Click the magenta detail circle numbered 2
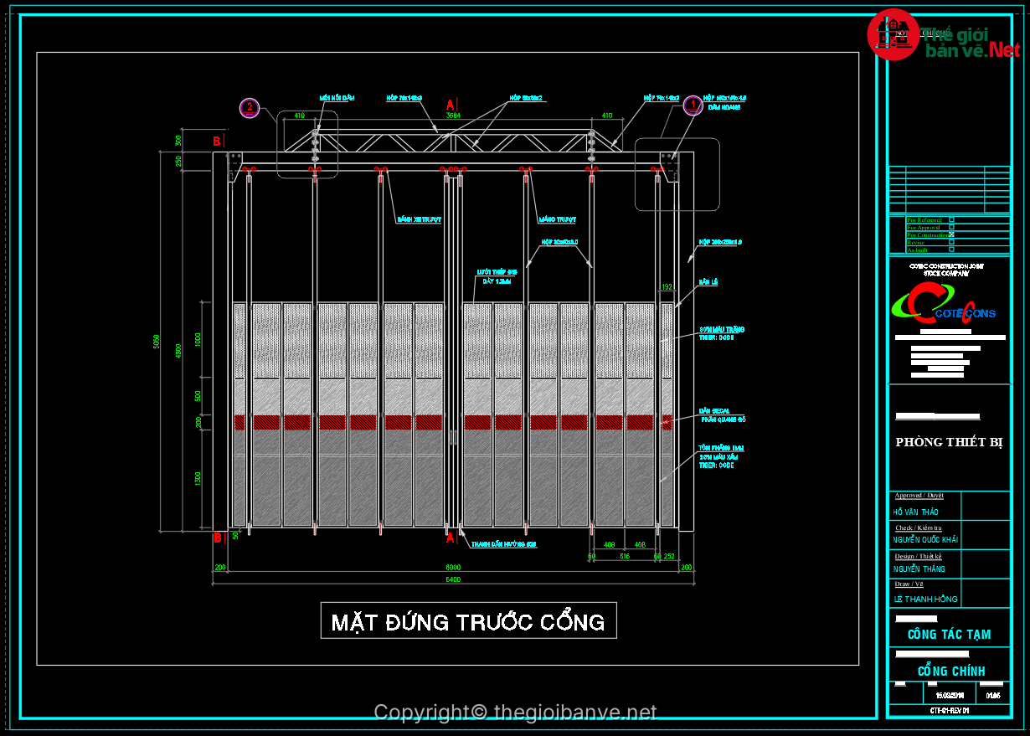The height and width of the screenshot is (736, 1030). click(x=250, y=106)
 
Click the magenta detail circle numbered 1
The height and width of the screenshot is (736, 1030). click(x=693, y=106)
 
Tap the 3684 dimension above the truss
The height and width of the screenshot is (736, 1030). click(x=453, y=116)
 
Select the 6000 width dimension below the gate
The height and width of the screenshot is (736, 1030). click(x=453, y=567)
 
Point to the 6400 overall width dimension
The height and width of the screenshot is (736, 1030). click(x=453, y=579)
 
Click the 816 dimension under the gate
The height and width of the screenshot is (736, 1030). click(x=625, y=555)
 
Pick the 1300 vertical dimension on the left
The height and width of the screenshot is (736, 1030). click(x=198, y=479)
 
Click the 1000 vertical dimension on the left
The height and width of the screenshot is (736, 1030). click(x=198, y=339)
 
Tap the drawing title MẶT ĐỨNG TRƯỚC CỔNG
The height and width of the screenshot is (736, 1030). click(x=468, y=621)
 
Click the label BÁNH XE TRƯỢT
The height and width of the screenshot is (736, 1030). click(x=420, y=220)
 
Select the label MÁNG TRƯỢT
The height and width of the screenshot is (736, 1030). click(x=557, y=220)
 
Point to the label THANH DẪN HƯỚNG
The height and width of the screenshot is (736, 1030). click(x=502, y=544)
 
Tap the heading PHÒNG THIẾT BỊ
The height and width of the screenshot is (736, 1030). click(x=949, y=442)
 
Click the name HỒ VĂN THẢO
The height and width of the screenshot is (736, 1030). click(x=916, y=512)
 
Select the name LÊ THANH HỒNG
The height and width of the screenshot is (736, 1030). click(x=925, y=599)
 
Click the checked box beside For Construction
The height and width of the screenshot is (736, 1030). click(x=952, y=235)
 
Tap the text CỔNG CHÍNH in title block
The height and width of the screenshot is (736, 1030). click(x=951, y=671)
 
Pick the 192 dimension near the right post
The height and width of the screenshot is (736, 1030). click(x=667, y=287)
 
